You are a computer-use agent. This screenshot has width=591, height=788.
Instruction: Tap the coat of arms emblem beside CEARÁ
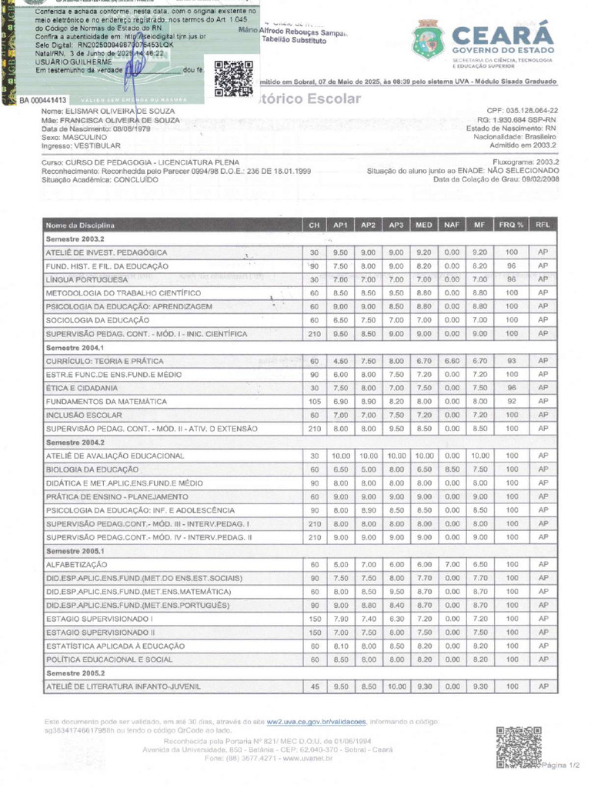click(x=428, y=40)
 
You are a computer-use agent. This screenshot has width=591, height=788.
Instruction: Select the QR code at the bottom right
click(x=518, y=746)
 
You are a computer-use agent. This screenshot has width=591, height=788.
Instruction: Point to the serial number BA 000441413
click(x=44, y=101)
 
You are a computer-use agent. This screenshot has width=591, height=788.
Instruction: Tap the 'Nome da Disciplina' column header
click(x=80, y=225)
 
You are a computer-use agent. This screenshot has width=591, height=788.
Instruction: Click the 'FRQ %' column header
click(x=511, y=225)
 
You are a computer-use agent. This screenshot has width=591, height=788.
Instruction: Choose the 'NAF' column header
click(x=451, y=225)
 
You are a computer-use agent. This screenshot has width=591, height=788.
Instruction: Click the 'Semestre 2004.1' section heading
click(x=75, y=348)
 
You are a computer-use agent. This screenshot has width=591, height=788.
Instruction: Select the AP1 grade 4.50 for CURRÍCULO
click(x=340, y=361)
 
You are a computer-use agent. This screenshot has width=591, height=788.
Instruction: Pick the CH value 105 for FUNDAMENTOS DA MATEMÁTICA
click(x=314, y=401)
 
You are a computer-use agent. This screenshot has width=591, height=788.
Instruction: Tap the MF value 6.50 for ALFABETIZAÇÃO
click(x=480, y=564)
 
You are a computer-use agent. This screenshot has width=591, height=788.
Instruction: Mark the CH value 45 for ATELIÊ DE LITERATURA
click(x=314, y=686)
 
